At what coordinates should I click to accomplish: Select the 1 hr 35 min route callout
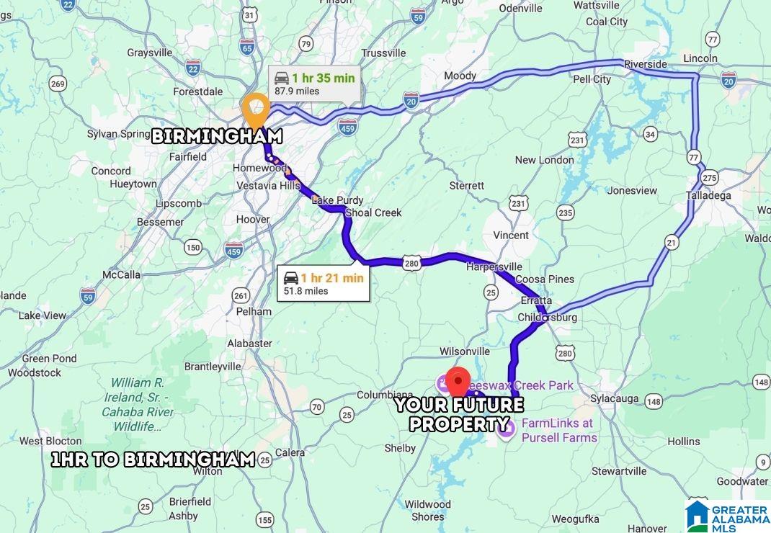(314, 84)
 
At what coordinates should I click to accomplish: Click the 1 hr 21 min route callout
(324, 284)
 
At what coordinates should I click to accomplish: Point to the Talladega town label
(708, 195)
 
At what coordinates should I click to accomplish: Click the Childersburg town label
(548, 317)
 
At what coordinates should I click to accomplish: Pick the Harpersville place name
(494, 266)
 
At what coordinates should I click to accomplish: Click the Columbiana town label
(385, 395)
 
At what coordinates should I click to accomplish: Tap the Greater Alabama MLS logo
(727, 516)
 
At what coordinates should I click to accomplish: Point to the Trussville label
(383, 53)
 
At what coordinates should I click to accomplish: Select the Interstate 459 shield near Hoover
(233, 250)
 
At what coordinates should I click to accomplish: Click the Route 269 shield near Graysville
(58, 84)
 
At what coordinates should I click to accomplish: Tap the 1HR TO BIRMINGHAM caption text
(153, 460)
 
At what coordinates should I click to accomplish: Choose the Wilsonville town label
(465, 351)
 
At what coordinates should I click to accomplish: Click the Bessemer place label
(160, 222)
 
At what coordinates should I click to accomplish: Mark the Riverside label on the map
(645, 64)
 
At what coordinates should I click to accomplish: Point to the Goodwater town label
(741, 481)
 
